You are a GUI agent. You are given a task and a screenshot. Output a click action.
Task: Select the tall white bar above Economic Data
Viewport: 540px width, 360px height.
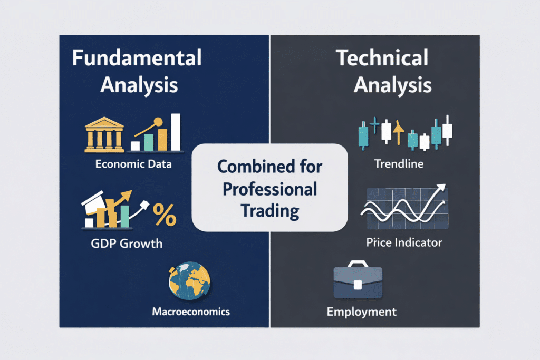coord(176,132)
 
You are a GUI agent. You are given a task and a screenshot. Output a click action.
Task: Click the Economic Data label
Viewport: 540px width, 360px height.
coord(133,164)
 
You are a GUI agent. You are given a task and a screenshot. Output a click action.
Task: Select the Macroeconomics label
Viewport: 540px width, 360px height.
coord(191,312)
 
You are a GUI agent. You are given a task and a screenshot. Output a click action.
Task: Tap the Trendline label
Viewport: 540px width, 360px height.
coord(399,164)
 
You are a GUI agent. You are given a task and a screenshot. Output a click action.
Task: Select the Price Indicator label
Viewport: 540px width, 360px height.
coord(404,243)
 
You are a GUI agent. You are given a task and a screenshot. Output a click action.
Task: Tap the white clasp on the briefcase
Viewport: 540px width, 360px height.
coord(357,285)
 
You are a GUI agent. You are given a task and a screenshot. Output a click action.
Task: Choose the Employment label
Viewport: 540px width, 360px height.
coord(361,312)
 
